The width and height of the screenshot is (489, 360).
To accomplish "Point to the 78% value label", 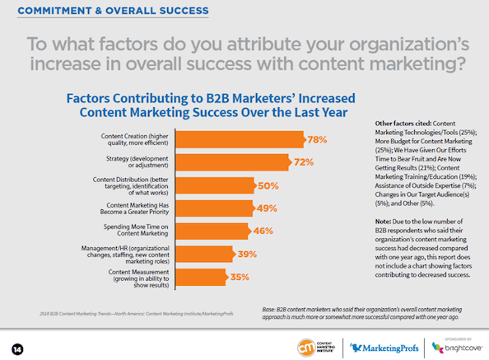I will click(317, 139).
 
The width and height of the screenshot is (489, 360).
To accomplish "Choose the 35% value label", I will click(240, 277).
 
